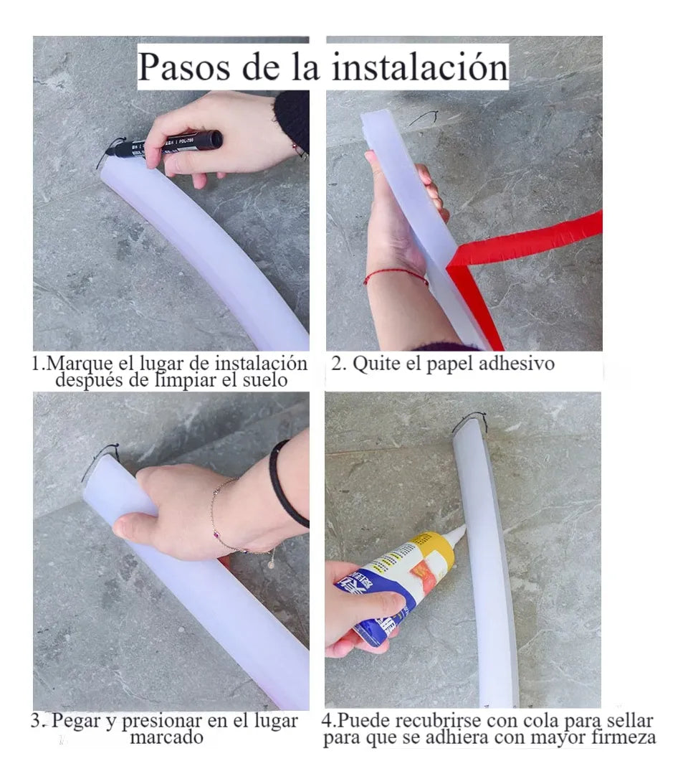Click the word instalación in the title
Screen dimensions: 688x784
[420, 67]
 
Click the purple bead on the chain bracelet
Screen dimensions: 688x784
[216, 536]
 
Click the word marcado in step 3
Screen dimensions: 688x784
[166, 737]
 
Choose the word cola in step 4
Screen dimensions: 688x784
[541, 720]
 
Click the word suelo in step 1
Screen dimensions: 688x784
[264, 380]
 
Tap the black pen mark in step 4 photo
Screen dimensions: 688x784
[470, 422]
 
